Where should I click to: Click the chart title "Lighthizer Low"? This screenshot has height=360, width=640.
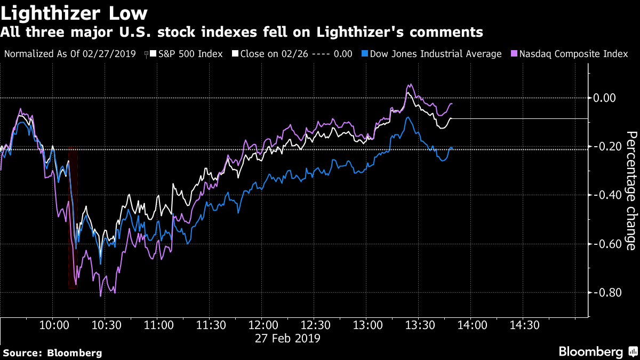[74, 13]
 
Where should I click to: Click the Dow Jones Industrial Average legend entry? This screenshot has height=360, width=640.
[431, 54]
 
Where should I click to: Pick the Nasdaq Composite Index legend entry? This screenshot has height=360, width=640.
[570, 54]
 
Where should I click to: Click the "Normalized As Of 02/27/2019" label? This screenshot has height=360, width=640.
[70, 54]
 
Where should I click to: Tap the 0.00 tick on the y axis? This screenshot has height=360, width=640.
[604, 98]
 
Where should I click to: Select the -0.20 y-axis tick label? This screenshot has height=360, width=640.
[606, 147]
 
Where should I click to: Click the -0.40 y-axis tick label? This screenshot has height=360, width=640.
[606, 195]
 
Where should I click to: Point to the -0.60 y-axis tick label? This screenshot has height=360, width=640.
[606, 244]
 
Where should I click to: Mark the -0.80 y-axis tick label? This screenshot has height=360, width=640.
[606, 292]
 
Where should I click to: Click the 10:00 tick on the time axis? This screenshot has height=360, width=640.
[54, 325]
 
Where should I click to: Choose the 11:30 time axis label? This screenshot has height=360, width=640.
[211, 325]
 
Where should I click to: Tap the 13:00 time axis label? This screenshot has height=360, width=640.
[367, 325]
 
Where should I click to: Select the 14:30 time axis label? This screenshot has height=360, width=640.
[525, 325]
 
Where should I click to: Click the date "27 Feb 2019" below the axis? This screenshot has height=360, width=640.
[287, 338]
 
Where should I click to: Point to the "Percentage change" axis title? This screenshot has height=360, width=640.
[631, 191]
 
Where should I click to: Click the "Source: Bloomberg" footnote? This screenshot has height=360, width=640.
[53, 353]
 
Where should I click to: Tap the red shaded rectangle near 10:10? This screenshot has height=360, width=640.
[73, 218]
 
